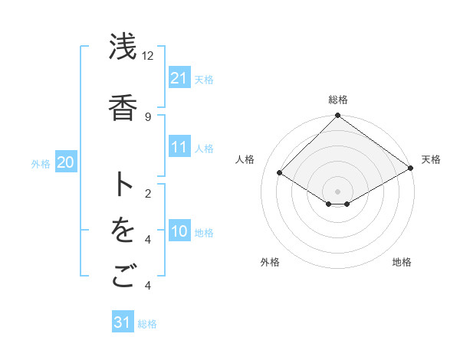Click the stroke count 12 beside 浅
pos(147,56)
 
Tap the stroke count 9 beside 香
pos(147,116)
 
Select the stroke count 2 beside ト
pos(147,194)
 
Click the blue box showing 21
pos(179,78)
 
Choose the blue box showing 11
pos(179,147)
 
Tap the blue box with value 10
pos(179,231)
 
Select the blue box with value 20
pos(65,162)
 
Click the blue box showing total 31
pos(123,322)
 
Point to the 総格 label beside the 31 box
pos(147,324)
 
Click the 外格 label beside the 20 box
pos(41,163)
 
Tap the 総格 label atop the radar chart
pos(337,100)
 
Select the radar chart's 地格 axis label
pos(402,262)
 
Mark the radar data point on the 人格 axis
pos(280,174)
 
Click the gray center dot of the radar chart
pos(337,190)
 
